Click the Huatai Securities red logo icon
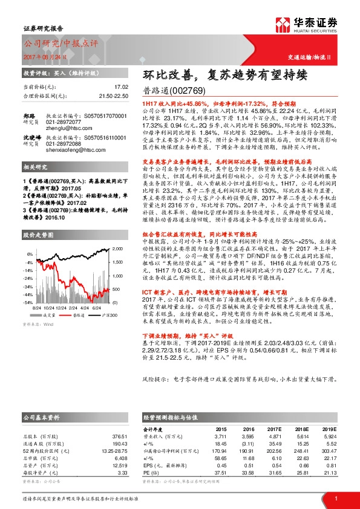pos(283,25)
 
